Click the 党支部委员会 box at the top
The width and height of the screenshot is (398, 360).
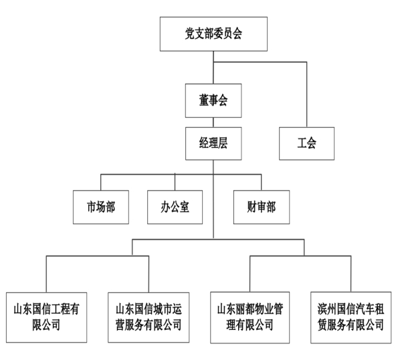213,34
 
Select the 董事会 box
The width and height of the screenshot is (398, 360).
213,100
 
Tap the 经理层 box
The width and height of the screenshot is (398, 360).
213,142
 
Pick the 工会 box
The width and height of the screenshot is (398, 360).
306,142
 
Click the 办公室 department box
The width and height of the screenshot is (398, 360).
176,207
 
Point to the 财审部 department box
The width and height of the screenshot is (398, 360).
261,207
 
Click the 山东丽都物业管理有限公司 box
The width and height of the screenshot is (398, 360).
250,317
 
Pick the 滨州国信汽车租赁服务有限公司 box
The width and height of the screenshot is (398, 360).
351,317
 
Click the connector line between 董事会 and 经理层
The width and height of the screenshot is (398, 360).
213,121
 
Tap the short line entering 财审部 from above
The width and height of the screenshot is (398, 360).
261,182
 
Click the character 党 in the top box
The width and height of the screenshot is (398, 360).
189,34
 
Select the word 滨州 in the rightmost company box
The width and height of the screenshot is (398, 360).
326,309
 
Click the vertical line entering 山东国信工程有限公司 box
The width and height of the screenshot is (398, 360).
46,274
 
